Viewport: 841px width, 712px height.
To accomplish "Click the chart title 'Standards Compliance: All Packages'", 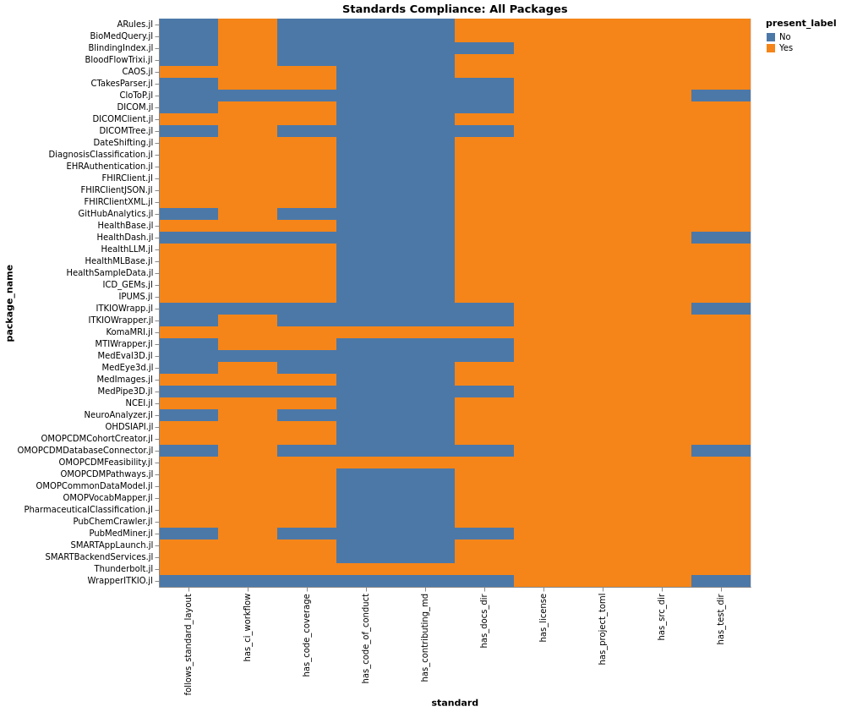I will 455,9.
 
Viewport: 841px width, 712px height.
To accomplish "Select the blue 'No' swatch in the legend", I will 771,37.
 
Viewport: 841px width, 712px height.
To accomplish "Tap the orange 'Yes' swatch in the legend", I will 771,48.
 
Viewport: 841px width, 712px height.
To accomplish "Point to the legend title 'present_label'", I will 800,23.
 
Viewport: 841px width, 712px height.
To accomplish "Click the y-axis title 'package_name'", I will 10,303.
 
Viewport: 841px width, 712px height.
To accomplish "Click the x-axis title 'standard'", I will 455,703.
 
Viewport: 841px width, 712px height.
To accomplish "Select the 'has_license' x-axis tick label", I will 543,617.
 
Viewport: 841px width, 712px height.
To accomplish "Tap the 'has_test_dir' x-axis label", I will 721,619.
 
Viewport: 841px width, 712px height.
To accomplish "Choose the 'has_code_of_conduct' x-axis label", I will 366,638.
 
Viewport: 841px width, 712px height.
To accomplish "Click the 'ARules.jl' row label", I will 135,25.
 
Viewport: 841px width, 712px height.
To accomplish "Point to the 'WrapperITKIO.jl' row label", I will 121,581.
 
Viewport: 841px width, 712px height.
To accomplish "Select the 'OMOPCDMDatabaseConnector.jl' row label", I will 85,451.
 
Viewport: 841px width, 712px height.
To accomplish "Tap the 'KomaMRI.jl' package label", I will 129,332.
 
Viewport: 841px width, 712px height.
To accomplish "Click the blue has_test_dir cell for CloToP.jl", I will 721,96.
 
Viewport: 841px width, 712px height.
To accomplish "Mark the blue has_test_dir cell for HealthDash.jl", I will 721,238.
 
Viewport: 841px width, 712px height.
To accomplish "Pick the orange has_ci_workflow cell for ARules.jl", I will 248,25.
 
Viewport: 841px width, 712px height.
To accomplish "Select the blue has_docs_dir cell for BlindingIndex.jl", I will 484,48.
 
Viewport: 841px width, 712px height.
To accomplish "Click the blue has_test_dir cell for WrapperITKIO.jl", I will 721,581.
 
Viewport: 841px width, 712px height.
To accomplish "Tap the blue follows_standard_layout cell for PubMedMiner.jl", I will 188,534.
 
